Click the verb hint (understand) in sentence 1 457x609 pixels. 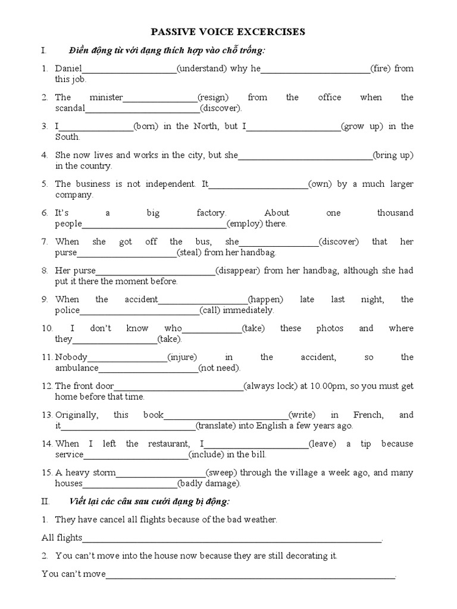tap(202, 68)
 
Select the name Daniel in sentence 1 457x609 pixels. tap(68, 68)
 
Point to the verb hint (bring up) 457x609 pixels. tap(393, 155)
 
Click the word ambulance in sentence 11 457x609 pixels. tap(77, 368)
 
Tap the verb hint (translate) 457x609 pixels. tap(220, 426)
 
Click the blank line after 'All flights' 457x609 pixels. tap(232, 541)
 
